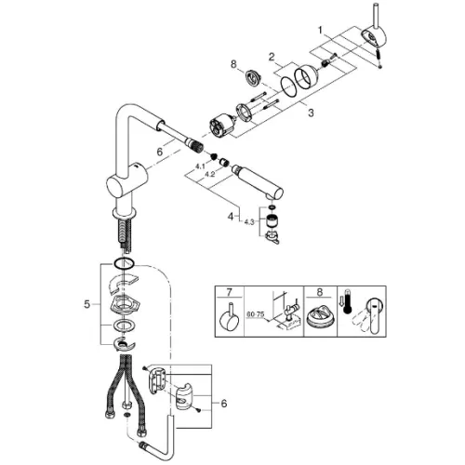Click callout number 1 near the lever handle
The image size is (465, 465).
click(321, 31)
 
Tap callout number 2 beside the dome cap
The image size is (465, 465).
click(272, 57)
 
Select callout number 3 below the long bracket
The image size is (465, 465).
click(311, 113)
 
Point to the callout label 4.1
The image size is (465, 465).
click(200, 166)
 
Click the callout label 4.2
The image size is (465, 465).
click(210, 174)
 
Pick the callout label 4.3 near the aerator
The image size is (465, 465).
click(249, 221)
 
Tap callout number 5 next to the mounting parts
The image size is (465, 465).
click(87, 304)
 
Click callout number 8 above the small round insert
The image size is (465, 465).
click(233, 64)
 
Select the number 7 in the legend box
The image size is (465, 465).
click(229, 292)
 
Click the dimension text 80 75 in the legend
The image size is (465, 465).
click(256, 314)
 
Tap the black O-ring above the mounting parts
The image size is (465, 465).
click(124, 263)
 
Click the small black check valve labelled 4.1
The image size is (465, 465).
click(214, 156)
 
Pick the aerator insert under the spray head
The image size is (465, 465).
click(272, 220)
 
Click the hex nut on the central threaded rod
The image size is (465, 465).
click(126, 405)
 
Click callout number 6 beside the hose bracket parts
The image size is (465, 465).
click(224, 404)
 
